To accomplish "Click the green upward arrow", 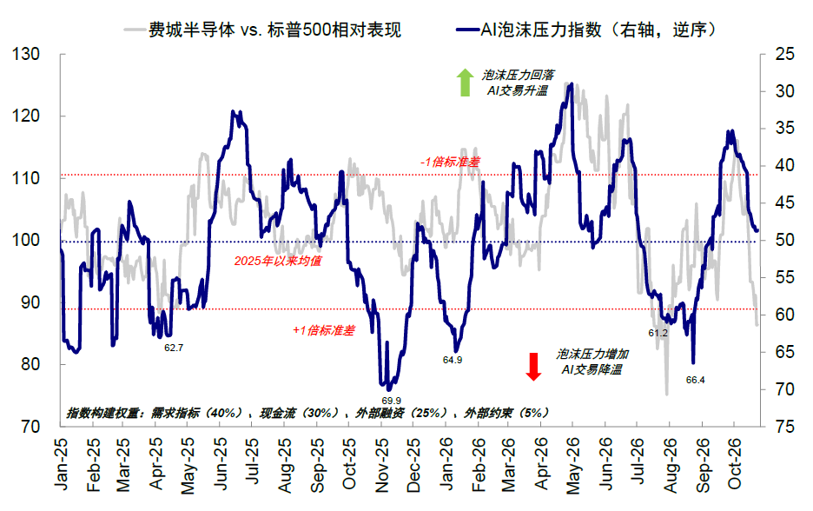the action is [x=465, y=83].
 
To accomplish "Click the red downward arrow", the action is [x=533, y=367].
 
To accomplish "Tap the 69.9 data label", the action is [x=392, y=401].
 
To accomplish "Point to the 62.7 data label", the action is [x=174, y=348].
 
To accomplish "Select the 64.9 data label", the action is [x=453, y=360].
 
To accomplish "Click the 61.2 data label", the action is [x=658, y=333].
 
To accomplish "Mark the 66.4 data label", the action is [x=695, y=380].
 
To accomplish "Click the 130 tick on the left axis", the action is [x=25, y=54].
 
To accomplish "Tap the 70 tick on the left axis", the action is [x=30, y=427].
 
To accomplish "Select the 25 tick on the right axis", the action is [x=784, y=54].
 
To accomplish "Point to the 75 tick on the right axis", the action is [x=784, y=427].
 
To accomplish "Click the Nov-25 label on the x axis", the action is [x=381, y=465].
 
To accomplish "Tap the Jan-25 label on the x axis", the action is [x=61, y=464].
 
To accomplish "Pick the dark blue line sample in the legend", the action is [x=467, y=30].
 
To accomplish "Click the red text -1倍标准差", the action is [x=450, y=162].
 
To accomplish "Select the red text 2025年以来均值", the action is [x=278, y=261].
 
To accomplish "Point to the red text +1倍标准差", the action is [x=324, y=330].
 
